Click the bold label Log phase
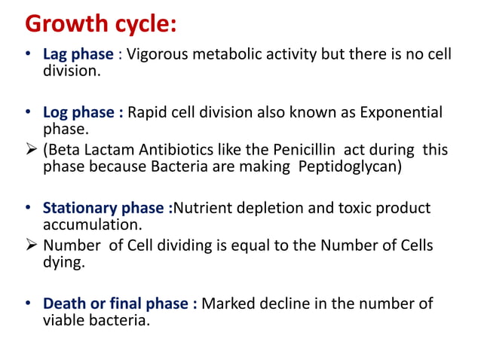(81, 113)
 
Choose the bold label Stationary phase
(106, 208)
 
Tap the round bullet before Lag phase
(29, 55)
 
